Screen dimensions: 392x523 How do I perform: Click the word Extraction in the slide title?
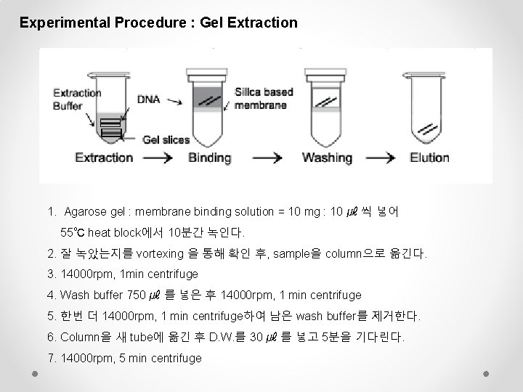[262, 23]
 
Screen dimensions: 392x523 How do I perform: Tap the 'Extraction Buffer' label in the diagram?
[77, 99]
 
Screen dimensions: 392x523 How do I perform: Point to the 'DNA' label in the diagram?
[149, 99]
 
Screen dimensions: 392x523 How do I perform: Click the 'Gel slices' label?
[166, 139]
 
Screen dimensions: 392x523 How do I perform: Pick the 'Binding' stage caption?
[210, 158]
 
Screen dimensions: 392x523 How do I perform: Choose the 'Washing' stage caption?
[327, 158]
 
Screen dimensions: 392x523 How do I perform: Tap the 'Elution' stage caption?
[429, 158]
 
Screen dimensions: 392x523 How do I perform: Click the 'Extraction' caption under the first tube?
[104, 158]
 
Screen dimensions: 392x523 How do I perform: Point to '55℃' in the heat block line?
[73, 233]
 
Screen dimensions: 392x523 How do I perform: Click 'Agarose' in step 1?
[84, 212]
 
